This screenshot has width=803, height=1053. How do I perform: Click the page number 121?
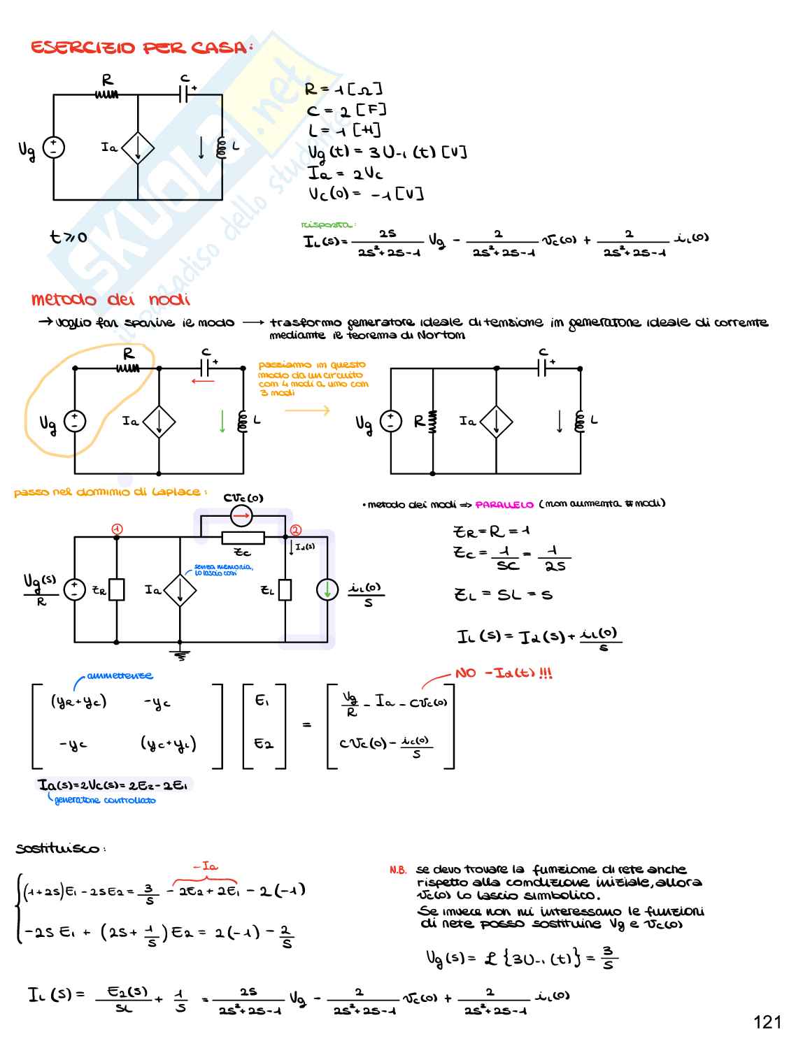(x=767, y=1022)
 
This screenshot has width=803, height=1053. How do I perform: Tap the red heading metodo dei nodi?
(x=111, y=299)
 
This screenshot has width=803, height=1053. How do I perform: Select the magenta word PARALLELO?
(x=504, y=504)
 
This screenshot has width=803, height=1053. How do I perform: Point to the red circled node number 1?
(x=117, y=529)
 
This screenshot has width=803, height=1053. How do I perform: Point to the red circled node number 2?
(x=295, y=530)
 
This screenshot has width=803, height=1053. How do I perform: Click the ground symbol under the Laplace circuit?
(x=180, y=655)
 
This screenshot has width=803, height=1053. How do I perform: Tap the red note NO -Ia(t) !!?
(x=504, y=673)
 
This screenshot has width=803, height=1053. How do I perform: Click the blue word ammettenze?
(x=120, y=675)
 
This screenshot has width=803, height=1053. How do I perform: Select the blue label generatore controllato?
(x=105, y=800)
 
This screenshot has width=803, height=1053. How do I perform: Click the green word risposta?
(x=327, y=224)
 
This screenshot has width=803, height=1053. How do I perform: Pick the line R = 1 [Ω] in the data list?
(x=343, y=89)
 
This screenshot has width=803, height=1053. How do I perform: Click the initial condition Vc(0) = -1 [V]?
(x=366, y=194)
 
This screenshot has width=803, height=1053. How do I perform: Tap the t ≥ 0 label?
(x=69, y=237)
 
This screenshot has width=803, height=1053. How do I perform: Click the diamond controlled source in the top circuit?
(x=138, y=148)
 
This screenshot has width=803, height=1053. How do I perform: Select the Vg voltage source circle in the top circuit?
(x=54, y=148)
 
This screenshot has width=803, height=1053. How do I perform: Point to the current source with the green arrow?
(x=327, y=589)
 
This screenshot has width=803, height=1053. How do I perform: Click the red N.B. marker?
(x=398, y=870)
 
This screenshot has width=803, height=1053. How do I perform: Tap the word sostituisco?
(x=60, y=848)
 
